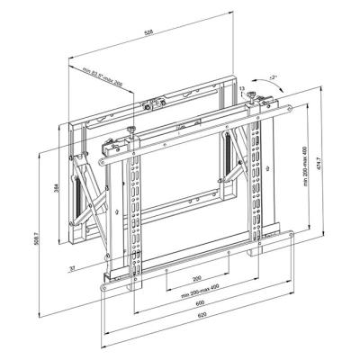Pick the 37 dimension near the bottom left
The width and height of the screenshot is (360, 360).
(71, 267)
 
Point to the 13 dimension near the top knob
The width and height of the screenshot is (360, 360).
(243, 88)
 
